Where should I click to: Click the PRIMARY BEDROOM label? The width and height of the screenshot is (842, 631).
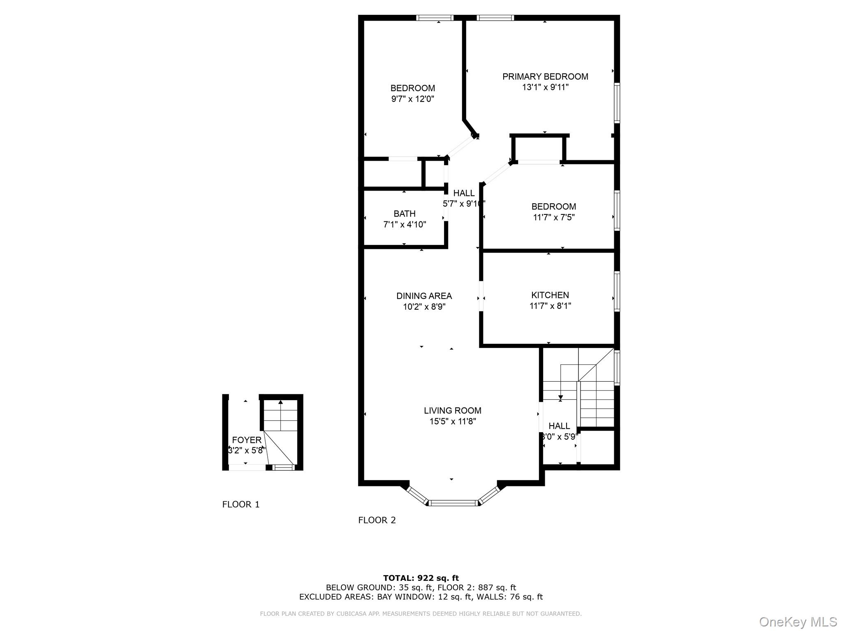[x=545, y=76]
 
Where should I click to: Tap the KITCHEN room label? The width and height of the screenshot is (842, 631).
[x=550, y=295]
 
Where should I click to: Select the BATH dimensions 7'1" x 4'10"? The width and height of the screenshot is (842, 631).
[x=405, y=225]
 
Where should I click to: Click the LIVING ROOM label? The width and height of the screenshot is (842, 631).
[x=453, y=410]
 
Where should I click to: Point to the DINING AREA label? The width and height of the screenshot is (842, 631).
[x=424, y=296]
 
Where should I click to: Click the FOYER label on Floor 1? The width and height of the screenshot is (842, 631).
[x=247, y=440]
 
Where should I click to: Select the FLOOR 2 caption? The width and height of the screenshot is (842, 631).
[x=377, y=520]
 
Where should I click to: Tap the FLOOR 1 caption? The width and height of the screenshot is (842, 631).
[x=241, y=504]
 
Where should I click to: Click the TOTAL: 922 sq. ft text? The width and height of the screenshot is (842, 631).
[x=421, y=578]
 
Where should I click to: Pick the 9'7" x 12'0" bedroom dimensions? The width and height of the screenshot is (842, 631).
[x=413, y=99]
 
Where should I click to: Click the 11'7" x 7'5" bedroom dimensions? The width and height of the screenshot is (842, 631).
[x=554, y=217]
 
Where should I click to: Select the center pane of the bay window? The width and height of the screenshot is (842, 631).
[x=453, y=502]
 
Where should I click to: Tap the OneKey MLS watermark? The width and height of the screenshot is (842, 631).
[x=798, y=622]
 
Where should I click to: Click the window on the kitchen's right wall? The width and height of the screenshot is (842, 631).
[x=617, y=291]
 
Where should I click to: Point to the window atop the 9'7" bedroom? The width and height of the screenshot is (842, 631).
[x=435, y=18]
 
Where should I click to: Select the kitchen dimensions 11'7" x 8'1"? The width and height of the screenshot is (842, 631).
[x=550, y=306]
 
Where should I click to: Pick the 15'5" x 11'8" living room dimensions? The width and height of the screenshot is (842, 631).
[x=453, y=421]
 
